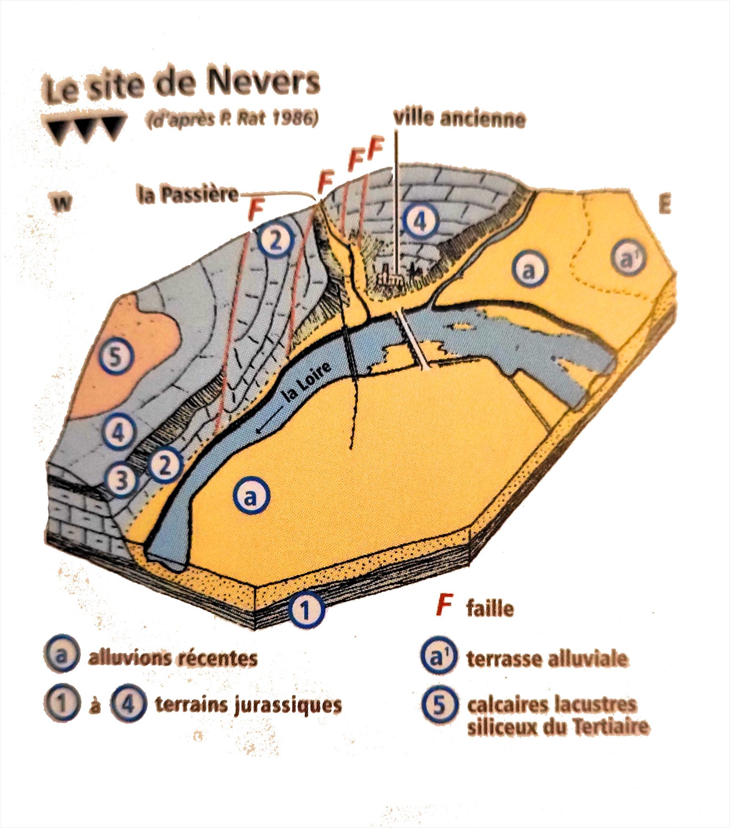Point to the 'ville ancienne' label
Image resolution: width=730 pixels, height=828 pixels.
coord(460,119)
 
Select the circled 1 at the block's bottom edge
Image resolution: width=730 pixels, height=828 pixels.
coord(307,611)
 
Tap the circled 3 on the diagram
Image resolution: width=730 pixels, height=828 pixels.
coord(120,481)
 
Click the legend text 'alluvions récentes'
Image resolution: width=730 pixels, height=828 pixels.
coord(173,658)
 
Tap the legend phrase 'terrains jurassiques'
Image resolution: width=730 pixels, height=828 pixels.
coord(248,705)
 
